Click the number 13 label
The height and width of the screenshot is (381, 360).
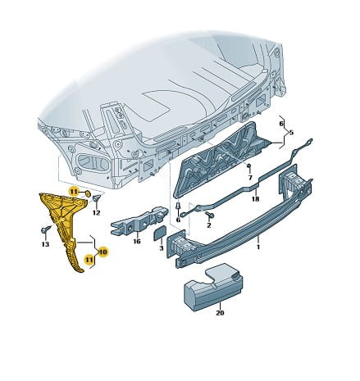45,244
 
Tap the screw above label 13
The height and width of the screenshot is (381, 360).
46,229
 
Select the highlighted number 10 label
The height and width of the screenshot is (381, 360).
103,252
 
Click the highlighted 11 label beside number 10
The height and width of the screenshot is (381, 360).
89,260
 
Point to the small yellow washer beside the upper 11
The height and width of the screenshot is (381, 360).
88,193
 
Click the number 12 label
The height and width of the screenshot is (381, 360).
96,212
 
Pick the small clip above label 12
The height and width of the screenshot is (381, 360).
97,198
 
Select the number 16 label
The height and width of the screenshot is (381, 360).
137,241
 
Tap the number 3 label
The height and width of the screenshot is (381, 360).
162,247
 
